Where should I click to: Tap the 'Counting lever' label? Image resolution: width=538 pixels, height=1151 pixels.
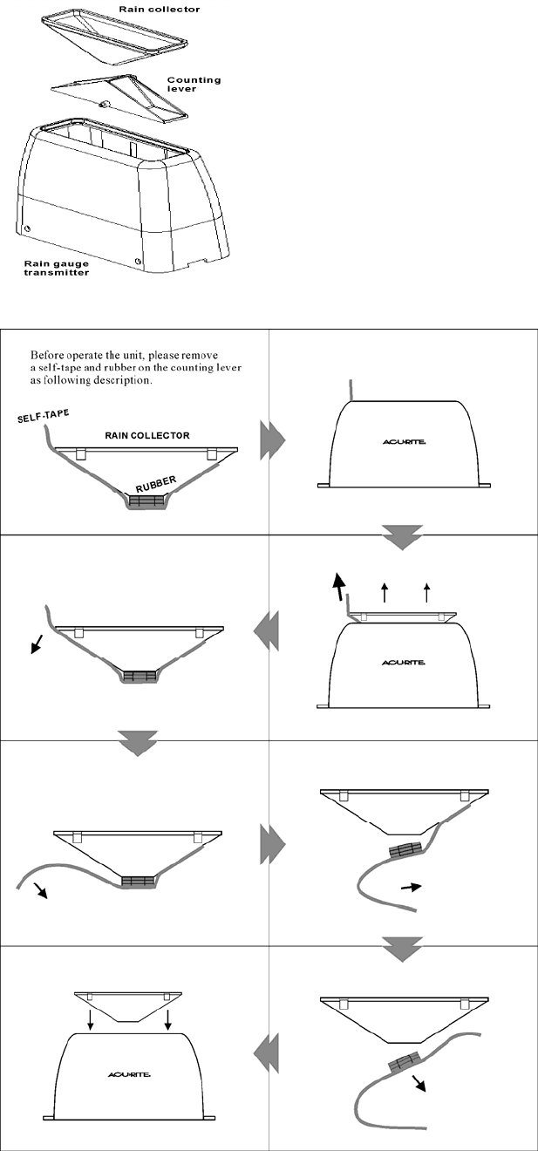pyautogui.click(x=194, y=84)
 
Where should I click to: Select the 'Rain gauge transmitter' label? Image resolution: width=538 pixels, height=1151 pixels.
pyautogui.click(x=56, y=267)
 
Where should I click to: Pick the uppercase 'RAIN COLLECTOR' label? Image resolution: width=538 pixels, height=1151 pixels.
pyautogui.click(x=147, y=435)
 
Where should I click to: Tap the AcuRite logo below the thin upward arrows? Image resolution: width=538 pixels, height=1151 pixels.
pyautogui.click(x=403, y=663)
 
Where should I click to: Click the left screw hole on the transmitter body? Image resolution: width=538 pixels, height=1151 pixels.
pyautogui.click(x=28, y=229)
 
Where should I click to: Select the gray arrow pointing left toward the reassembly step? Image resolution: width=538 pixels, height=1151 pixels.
pyautogui.click(x=266, y=1060)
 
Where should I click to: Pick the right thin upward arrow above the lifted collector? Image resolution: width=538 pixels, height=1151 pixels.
pyautogui.click(x=426, y=594)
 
